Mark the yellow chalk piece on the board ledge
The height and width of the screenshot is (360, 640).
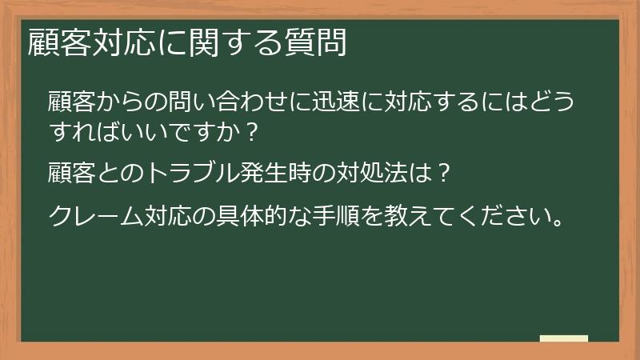click(x=563, y=338)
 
